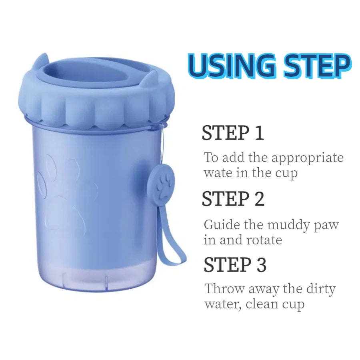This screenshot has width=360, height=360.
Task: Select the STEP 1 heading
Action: coord(233,133)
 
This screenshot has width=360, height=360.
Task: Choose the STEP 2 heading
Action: coord(233,199)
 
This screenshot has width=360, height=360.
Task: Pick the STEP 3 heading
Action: coord(235,265)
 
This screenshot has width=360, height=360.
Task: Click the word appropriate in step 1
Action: coord(308,158)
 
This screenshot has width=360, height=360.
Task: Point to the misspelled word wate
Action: coord(216,174)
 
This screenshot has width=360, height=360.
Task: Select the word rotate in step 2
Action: coord(260,240)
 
